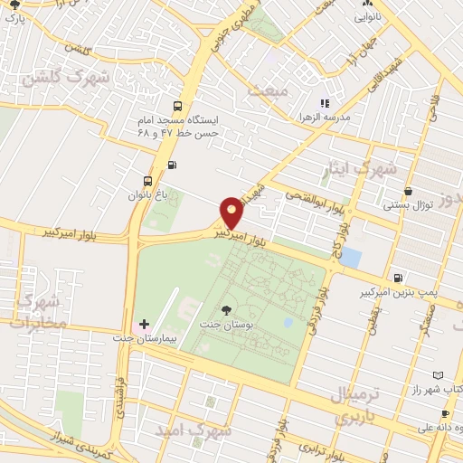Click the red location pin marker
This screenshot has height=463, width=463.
(x=232, y=213)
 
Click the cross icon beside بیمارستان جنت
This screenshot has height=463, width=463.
(x=144, y=324)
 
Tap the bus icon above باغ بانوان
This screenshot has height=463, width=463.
(x=147, y=180)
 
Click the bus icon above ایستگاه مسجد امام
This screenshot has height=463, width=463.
(x=177, y=105)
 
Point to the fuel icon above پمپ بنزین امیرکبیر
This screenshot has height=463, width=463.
(x=399, y=277)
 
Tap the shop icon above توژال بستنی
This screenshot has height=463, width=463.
(x=409, y=192)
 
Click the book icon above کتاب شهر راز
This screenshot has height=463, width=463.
(x=439, y=375)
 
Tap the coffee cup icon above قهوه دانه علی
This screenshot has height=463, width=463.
(x=444, y=414)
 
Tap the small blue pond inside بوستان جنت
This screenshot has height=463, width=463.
(x=288, y=322)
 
